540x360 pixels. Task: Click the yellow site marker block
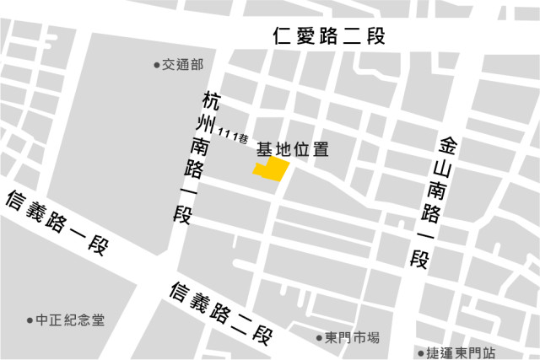pyautogui.click(x=272, y=169)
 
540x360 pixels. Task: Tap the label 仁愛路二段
pyautogui.click(x=329, y=37)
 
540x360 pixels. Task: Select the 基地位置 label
pyautogui.click(x=292, y=150)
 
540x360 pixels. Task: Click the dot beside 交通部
pyautogui.click(x=156, y=65)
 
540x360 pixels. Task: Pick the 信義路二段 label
pyautogui.click(x=221, y=314)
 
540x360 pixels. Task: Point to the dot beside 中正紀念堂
pyautogui.click(x=29, y=321)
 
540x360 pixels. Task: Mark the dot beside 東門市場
pyautogui.click(x=320, y=339)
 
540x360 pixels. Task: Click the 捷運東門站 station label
pyautogui.click(x=462, y=352)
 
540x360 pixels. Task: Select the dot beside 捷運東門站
pyautogui.click(x=421, y=352)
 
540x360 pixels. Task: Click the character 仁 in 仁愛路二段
pyautogui.click(x=283, y=37)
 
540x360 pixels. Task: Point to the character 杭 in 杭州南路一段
pyautogui.click(x=211, y=101)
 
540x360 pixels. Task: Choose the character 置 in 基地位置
pyautogui.click(x=320, y=150)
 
